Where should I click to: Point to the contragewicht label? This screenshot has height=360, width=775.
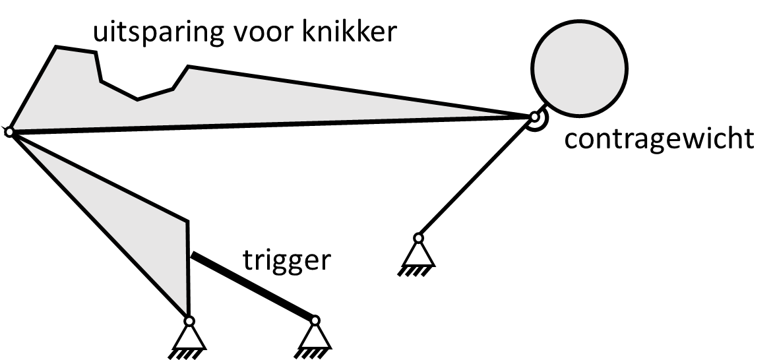pos(660,140)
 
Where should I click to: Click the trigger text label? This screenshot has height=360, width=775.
pos(287,260)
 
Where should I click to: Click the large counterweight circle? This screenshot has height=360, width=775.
pos(579,69)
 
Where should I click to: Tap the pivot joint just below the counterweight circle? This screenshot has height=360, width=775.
pos(534,117)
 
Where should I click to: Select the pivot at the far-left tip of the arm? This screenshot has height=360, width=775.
pos(9,132)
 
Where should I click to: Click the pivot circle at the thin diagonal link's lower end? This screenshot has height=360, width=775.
pos(418,239)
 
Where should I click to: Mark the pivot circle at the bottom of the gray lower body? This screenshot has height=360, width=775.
pos(189,322)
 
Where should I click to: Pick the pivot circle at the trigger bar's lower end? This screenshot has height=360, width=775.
pos(315,321)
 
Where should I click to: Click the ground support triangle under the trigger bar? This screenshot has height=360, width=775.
pos(315,342)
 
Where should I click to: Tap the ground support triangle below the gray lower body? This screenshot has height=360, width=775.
pos(189,342)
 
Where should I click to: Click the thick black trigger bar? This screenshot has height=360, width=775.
pos(253,286)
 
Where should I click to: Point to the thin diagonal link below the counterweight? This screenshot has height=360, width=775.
pos(476,178)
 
